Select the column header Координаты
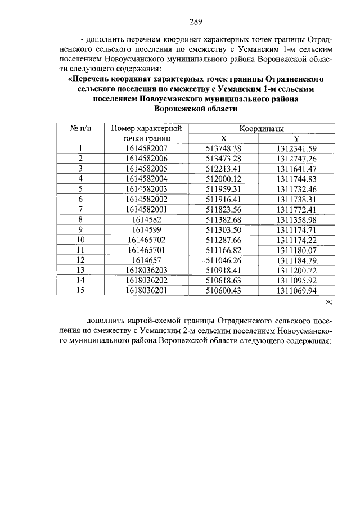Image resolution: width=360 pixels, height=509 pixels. click(262, 129)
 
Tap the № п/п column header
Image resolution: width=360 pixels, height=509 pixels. click(80, 129)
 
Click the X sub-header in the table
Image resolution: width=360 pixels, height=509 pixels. click(223, 139)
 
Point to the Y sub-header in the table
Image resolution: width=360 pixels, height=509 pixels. click(296, 139)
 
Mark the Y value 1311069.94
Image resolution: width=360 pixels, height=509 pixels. click(296, 290)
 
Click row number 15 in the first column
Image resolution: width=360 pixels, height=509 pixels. click(80, 290)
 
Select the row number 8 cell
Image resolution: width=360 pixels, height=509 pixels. click(80, 219)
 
